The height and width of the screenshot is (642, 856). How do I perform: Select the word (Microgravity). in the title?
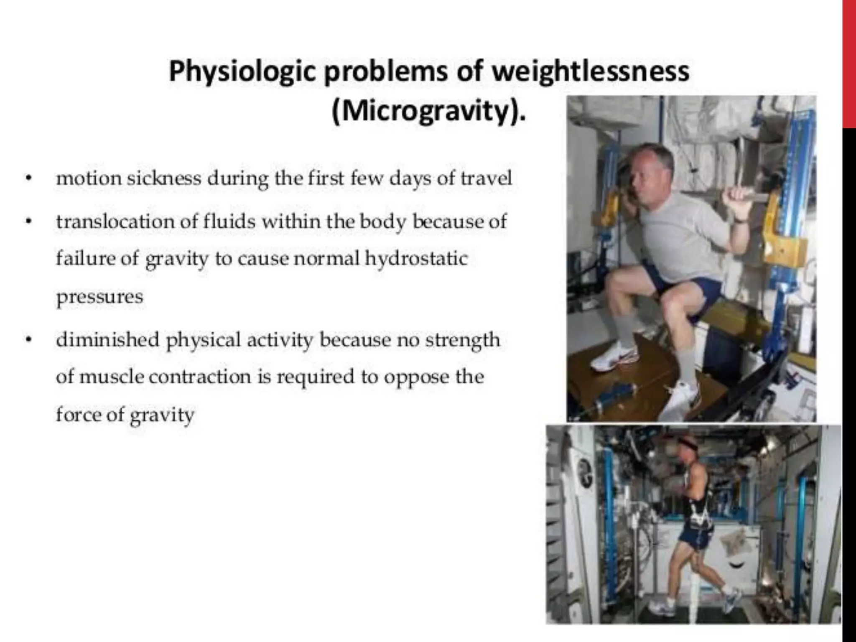[x=428, y=111]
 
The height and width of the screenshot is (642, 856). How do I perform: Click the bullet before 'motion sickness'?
[x=28, y=179]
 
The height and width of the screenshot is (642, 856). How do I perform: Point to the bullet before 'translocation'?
[x=28, y=222]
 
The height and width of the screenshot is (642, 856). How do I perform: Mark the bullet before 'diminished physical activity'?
[x=28, y=340]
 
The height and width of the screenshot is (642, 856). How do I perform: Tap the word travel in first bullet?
[x=486, y=178]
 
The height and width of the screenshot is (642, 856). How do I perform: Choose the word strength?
[x=462, y=340]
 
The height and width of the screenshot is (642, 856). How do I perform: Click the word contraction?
[x=200, y=377]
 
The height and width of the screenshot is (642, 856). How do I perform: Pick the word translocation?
[x=115, y=222]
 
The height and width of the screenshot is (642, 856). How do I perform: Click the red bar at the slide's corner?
[x=849, y=63]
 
